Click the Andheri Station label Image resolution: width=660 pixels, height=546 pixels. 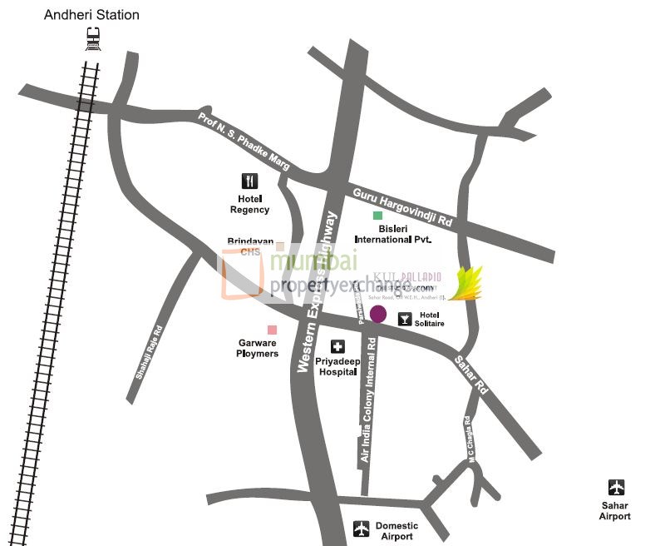pos(91,15)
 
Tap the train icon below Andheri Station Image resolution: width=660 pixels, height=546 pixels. pos(93,37)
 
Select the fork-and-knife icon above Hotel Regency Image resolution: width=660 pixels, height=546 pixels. pos(250,181)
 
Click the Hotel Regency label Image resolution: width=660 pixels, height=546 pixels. pos(250,204)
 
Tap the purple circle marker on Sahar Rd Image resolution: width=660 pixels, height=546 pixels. pos(378,314)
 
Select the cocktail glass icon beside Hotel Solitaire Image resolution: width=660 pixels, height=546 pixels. pos(405,318)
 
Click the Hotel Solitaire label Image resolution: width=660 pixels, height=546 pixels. pos(430,319)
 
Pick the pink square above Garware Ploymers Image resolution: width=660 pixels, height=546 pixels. pos(271,330)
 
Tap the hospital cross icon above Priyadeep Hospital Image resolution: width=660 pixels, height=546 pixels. pos(337,347)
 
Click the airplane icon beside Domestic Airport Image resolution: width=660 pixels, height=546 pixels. pos(361,529)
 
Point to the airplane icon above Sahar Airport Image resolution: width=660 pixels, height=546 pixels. pos(616,487)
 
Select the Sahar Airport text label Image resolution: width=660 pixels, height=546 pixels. pos(615,510)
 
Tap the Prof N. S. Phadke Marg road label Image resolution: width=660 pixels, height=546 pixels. pos(244,141)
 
